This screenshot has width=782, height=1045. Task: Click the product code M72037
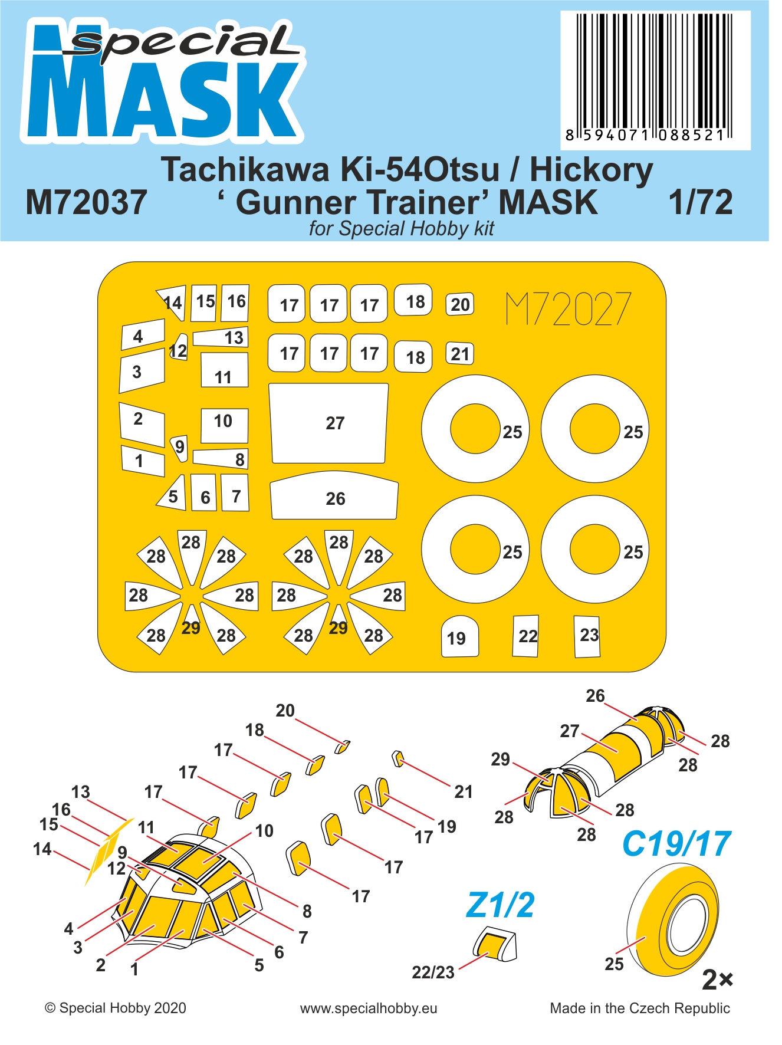(86, 202)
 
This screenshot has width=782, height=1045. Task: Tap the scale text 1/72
(701, 202)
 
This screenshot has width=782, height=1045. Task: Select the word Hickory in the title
(591, 170)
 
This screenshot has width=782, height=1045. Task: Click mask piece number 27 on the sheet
(328, 423)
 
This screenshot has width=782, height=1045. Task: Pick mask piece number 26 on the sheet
(334, 495)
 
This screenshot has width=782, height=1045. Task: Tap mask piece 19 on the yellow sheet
(460, 636)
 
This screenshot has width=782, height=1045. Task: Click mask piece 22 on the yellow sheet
(525, 636)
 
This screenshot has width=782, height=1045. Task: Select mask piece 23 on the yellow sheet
(587, 636)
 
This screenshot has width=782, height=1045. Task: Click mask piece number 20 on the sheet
(460, 304)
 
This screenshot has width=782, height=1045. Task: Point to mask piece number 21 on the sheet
(460, 353)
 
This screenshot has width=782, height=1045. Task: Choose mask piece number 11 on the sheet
(224, 370)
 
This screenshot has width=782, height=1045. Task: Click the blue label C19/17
(676, 843)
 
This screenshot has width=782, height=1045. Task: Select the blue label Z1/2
(500, 905)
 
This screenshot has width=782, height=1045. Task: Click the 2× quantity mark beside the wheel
(717, 980)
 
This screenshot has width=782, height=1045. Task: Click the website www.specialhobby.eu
(369, 1008)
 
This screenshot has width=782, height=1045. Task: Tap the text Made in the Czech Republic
(640, 1008)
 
